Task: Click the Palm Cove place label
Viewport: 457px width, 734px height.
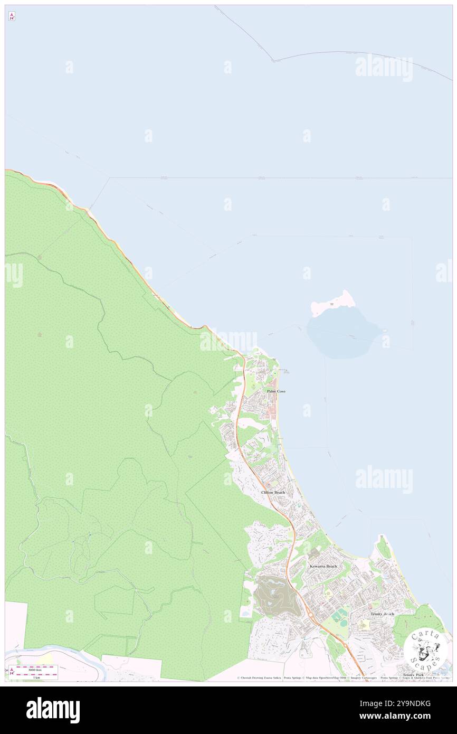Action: click(x=276, y=391)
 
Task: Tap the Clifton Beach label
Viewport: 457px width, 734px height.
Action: click(x=273, y=492)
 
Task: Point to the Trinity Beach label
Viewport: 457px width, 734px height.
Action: click(x=382, y=614)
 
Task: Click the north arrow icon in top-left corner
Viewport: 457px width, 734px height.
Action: click(x=12, y=17)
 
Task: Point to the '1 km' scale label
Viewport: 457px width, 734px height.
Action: click(x=36, y=677)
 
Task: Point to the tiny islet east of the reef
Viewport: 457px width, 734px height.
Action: click(x=385, y=331)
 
